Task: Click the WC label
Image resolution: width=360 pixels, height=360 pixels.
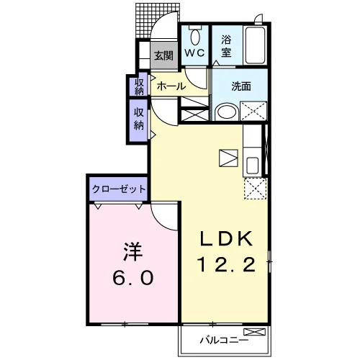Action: tap(194, 53)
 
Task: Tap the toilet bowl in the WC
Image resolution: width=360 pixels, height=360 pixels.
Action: tap(195, 37)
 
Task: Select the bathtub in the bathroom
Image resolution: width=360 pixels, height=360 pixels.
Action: tap(255, 45)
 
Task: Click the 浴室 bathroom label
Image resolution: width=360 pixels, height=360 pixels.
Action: tap(226, 46)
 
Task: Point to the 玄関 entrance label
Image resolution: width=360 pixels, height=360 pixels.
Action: tap(163, 55)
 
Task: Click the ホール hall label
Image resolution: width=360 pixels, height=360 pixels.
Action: tap(171, 86)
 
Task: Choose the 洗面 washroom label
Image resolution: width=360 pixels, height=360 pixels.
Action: tap(241, 86)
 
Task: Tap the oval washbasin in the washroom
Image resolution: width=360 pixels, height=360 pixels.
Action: tap(227, 112)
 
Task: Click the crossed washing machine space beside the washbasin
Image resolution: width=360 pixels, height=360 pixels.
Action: tap(253, 111)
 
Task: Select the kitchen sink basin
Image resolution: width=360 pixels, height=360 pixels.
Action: tap(252, 165)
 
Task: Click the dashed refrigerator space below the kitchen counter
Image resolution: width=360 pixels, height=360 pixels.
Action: tap(256, 189)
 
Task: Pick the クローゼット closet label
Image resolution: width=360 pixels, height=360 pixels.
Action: tap(119, 189)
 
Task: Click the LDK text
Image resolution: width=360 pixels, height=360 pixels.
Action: tap(227, 238)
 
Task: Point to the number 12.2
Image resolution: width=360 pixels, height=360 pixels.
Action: tap(226, 264)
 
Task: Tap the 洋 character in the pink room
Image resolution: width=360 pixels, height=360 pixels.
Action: tap(132, 251)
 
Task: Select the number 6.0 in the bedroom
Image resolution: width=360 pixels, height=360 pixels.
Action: tap(133, 278)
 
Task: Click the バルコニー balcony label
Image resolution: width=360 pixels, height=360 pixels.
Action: tap(224, 340)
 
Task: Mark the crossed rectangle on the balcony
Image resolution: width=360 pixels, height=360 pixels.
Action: tap(255, 332)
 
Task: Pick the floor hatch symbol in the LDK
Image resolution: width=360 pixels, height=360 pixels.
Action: tap(228, 158)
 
